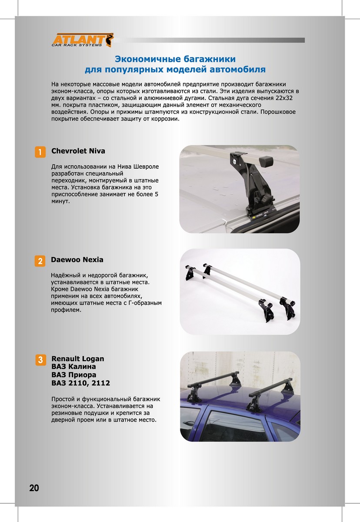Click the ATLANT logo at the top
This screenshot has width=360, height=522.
[x=83, y=40]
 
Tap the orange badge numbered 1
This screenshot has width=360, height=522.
[x=40, y=152]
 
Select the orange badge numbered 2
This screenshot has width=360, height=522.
[x=40, y=261]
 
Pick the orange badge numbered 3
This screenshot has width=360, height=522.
[x=40, y=360]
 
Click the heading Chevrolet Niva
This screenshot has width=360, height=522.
[x=78, y=151]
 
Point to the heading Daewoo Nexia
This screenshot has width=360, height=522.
[x=77, y=260]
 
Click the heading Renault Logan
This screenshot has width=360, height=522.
[x=78, y=358]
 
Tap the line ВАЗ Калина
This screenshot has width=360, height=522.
[x=73, y=367]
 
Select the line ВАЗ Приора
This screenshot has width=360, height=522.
[x=74, y=375]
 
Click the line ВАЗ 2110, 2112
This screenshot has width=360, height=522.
[x=80, y=383]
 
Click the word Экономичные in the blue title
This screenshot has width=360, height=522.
[x=148, y=59]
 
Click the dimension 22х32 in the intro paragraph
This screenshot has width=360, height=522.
[x=284, y=98]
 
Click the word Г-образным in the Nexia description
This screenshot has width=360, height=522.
[x=145, y=303]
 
